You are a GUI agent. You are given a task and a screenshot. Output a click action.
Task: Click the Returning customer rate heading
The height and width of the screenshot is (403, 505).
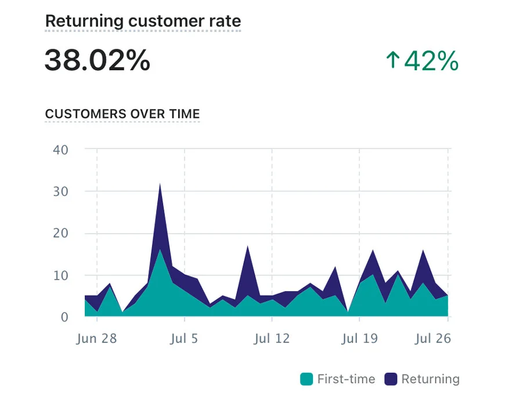143,21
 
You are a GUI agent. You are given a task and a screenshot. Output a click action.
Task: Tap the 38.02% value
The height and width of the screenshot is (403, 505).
97,60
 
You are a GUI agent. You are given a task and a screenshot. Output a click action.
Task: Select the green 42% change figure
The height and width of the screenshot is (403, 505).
431,60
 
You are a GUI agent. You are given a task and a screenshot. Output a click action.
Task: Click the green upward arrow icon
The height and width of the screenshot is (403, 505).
393,60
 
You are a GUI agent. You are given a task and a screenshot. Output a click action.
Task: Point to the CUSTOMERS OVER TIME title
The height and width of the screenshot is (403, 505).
122,114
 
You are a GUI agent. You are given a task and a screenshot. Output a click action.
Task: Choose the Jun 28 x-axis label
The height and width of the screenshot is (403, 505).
96,339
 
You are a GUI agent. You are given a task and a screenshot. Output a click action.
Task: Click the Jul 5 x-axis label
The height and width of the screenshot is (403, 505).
184,339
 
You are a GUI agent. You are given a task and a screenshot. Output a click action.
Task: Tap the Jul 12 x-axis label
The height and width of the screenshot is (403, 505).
272,339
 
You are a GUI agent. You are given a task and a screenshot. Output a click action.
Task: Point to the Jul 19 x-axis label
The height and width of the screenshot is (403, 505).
359,339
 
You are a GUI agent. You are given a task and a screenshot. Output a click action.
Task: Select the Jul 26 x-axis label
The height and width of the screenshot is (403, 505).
433,339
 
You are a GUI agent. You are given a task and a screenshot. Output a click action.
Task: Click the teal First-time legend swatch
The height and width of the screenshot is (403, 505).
307,380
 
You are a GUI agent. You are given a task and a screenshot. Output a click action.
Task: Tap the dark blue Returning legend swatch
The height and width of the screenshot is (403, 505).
391,380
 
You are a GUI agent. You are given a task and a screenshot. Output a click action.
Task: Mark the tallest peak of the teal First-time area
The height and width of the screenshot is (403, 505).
160,250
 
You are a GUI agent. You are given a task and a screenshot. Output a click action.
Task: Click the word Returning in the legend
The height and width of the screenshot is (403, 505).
430,380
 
